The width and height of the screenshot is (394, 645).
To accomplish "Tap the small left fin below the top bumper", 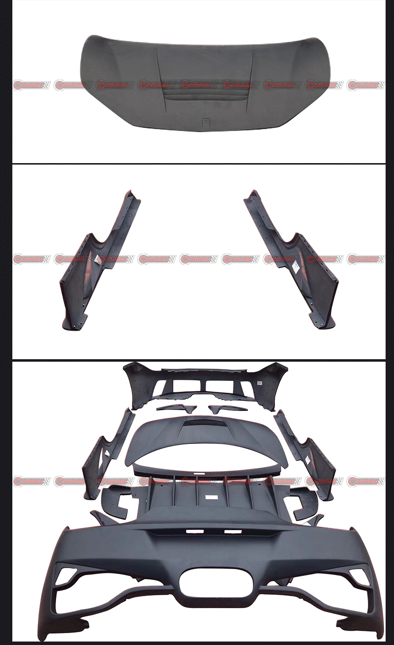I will [x=176, y=408].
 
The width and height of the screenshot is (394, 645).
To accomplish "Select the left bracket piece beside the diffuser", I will [x=115, y=500].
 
